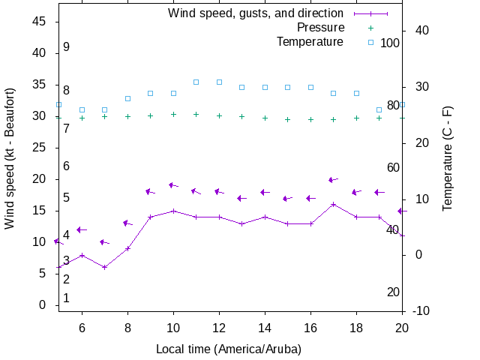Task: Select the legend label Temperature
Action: coord(310,42)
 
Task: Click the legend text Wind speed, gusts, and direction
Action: coord(256,13)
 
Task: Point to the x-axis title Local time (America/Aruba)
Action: coord(229,349)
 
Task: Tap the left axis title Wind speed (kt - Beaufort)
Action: coord(10,158)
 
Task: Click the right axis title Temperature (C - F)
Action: coord(448,158)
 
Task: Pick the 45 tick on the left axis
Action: coord(39,22)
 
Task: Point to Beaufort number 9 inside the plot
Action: coord(66,46)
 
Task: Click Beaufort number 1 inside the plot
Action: coord(66,298)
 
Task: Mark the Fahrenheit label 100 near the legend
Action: coord(390,43)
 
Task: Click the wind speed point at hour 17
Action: coord(334,204)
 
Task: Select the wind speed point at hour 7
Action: coord(105,267)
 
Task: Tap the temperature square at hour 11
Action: coord(196,82)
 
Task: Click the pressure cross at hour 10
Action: coord(173,115)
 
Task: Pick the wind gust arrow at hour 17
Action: coord(332,180)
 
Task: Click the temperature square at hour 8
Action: coord(127,98)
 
